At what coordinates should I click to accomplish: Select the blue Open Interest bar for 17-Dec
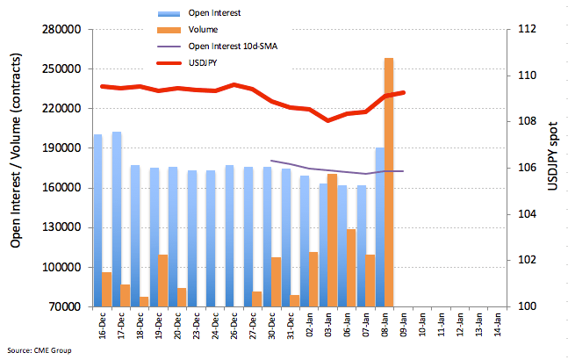tap(116, 220)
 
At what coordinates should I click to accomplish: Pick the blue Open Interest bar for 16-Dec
tap(97, 220)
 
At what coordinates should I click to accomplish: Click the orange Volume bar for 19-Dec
tap(163, 281)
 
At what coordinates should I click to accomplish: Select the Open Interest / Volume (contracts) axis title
tap(16, 168)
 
